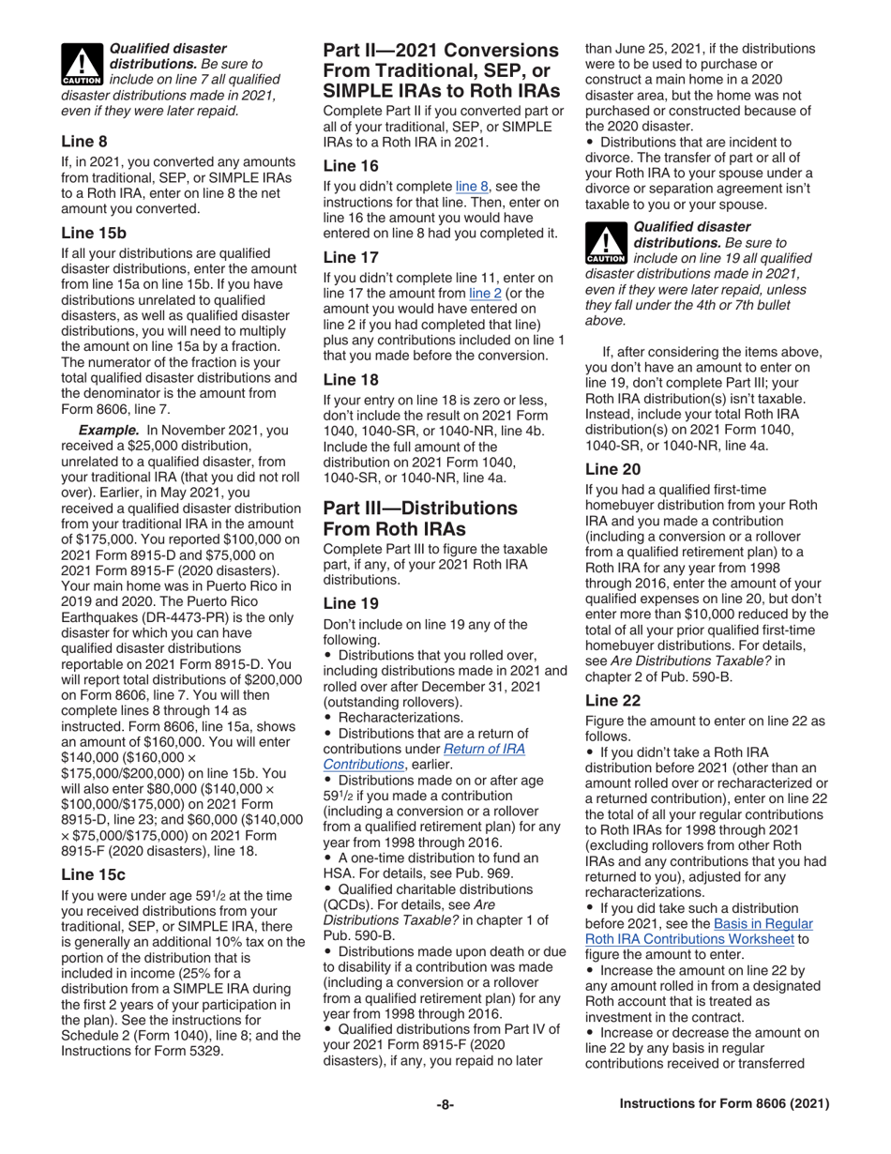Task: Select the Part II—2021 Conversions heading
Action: click(x=441, y=69)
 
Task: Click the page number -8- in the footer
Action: click(x=445, y=1104)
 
